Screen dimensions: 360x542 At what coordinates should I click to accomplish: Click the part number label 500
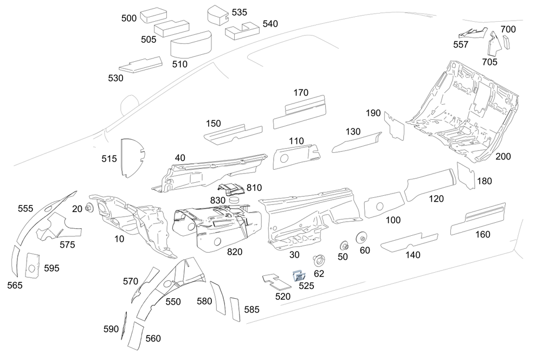(x=129, y=18)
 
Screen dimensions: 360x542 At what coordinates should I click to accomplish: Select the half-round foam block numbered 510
(x=190, y=44)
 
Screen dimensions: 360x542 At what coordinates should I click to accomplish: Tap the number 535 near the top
(x=240, y=12)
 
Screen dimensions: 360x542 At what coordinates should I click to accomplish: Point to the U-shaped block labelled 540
(x=238, y=33)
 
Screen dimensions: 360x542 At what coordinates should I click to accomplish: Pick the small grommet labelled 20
(x=89, y=209)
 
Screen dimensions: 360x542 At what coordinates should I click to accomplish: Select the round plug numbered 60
(x=360, y=237)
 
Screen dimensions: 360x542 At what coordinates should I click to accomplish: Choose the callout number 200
(x=503, y=157)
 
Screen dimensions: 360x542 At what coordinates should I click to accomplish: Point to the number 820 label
(x=235, y=252)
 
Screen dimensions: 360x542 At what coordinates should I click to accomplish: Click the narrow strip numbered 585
(x=234, y=308)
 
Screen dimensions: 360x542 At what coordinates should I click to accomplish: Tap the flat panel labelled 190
(x=395, y=126)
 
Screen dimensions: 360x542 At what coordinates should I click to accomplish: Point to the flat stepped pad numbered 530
(x=140, y=65)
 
